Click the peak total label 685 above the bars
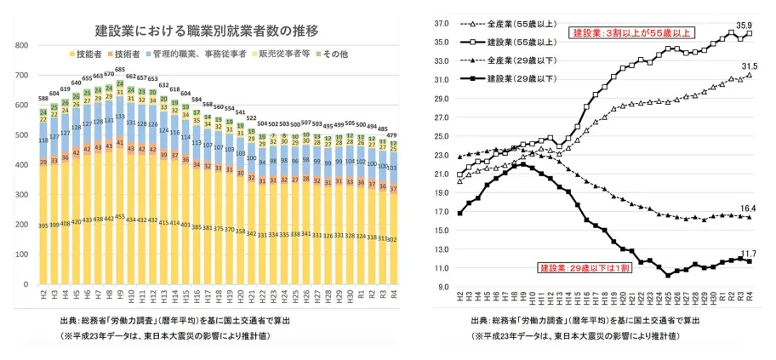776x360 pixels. coord(120,70)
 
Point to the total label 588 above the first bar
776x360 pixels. coord(44,99)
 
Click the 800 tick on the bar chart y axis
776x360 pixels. coord(23,40)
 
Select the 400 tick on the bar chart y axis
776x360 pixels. coord(23,163)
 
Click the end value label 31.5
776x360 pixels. coord(750,66)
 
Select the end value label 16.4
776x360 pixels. coord(750,209)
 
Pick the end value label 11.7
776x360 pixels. coord(750,253)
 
